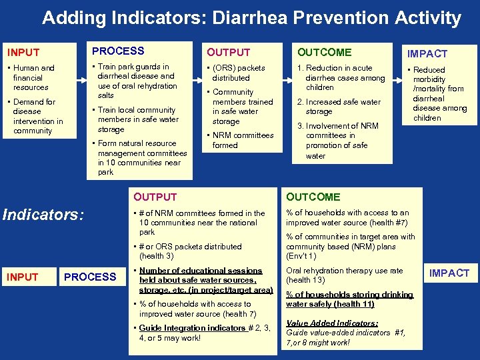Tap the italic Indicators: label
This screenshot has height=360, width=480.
(44, 214)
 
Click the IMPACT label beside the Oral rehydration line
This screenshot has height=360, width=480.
(449, 273)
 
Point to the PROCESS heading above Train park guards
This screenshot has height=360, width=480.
(118, 51)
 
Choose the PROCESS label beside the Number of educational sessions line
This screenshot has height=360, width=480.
(90, 277)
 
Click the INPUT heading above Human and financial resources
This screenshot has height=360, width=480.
(23, 52)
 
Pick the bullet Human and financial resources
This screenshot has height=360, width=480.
(31, 77)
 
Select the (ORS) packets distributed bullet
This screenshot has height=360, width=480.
(237, 73)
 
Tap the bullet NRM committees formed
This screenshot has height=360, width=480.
(241, 140)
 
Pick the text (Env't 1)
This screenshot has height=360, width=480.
(301, 256)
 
